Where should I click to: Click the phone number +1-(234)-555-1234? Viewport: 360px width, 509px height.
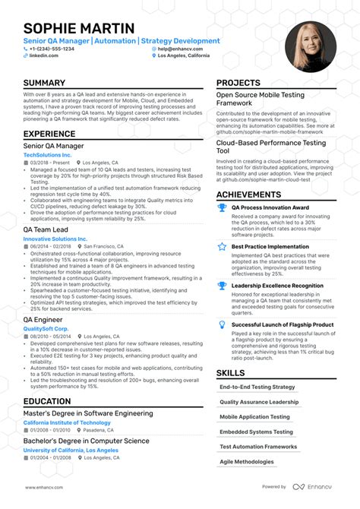click(x=52, y=49)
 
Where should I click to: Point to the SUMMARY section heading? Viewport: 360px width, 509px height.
click(x=44, y=83)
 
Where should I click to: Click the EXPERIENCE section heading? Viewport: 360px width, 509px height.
click(x=49, y=133)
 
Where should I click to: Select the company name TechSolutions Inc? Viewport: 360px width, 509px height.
click(x=47, y=154)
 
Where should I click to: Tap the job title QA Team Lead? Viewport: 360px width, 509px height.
click(x=46, y=229)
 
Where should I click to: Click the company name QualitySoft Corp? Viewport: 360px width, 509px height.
click(x=46, y=328)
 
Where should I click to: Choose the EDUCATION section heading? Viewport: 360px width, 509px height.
click(x=47, y=401)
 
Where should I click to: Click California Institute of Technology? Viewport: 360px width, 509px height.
click(x=67, y=422)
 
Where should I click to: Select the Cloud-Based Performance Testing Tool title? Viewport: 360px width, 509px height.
click(x=270, y=147)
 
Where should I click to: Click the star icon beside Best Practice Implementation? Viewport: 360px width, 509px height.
click(x=222, y=246)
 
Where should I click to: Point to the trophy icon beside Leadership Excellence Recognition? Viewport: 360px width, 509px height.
click(x=222, y=285)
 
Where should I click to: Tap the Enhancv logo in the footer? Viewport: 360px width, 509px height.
click(x=311, y=487)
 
